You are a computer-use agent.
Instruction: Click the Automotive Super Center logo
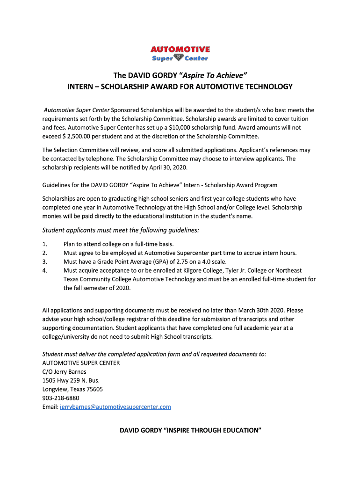[180, 54]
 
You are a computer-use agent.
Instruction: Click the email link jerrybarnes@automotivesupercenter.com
[115, 407]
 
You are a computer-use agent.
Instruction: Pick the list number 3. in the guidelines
[45, 262]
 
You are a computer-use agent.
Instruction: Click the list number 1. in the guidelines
[45, 244]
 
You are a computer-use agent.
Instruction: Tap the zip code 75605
[93, 389]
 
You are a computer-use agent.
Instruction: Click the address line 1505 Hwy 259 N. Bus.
[71, 380]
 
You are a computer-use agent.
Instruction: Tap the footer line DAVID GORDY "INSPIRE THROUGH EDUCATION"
[190, 430]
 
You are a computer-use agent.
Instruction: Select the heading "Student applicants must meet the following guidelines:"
[121, 230]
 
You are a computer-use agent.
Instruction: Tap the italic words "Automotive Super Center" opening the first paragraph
[77, 110]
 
